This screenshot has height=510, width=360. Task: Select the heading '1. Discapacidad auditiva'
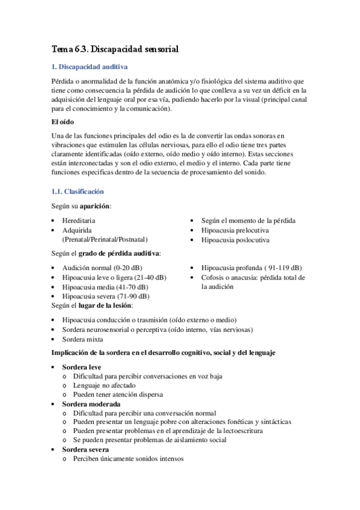(90, 67)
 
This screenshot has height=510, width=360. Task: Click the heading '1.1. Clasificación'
(78, 191)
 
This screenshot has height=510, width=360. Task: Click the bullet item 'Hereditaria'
(79, 221)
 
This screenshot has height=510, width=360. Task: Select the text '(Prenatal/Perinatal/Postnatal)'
(105, 239)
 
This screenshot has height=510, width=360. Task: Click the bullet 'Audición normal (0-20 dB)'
(102, 268)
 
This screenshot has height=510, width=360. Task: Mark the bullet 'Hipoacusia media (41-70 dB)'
(106, 287)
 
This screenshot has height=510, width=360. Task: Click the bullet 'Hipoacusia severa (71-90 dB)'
(106, 296)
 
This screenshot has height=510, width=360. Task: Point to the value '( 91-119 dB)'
(281, 268)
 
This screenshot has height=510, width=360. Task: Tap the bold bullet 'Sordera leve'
(82, 367)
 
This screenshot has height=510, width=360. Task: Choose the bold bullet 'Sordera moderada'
(90, 404)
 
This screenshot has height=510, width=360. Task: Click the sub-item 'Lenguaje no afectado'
(104, 385)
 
